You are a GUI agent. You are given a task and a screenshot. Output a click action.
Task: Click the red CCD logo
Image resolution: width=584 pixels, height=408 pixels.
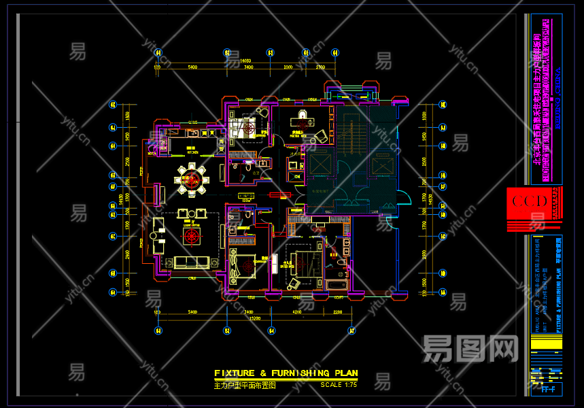[x=530, y=202]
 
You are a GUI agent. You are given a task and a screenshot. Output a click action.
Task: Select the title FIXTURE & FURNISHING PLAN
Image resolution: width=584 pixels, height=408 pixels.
[x=286, y=373]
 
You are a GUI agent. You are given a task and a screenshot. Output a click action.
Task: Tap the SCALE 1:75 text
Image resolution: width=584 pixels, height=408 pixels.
[x=339, y=385]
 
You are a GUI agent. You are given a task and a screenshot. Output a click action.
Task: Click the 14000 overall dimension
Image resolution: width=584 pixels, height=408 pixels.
[x=236, y=61]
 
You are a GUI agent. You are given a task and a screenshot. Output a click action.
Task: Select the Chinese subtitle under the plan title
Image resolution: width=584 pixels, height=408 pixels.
[x=245, y=386]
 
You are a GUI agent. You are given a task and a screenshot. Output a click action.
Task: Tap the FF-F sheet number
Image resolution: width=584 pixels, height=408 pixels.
[x=547, y=390]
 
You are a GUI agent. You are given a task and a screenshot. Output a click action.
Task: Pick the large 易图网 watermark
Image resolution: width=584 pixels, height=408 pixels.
[x=470, y=350]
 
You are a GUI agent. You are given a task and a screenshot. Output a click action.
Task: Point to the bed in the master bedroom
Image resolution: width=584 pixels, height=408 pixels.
[x=298, y=261]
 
